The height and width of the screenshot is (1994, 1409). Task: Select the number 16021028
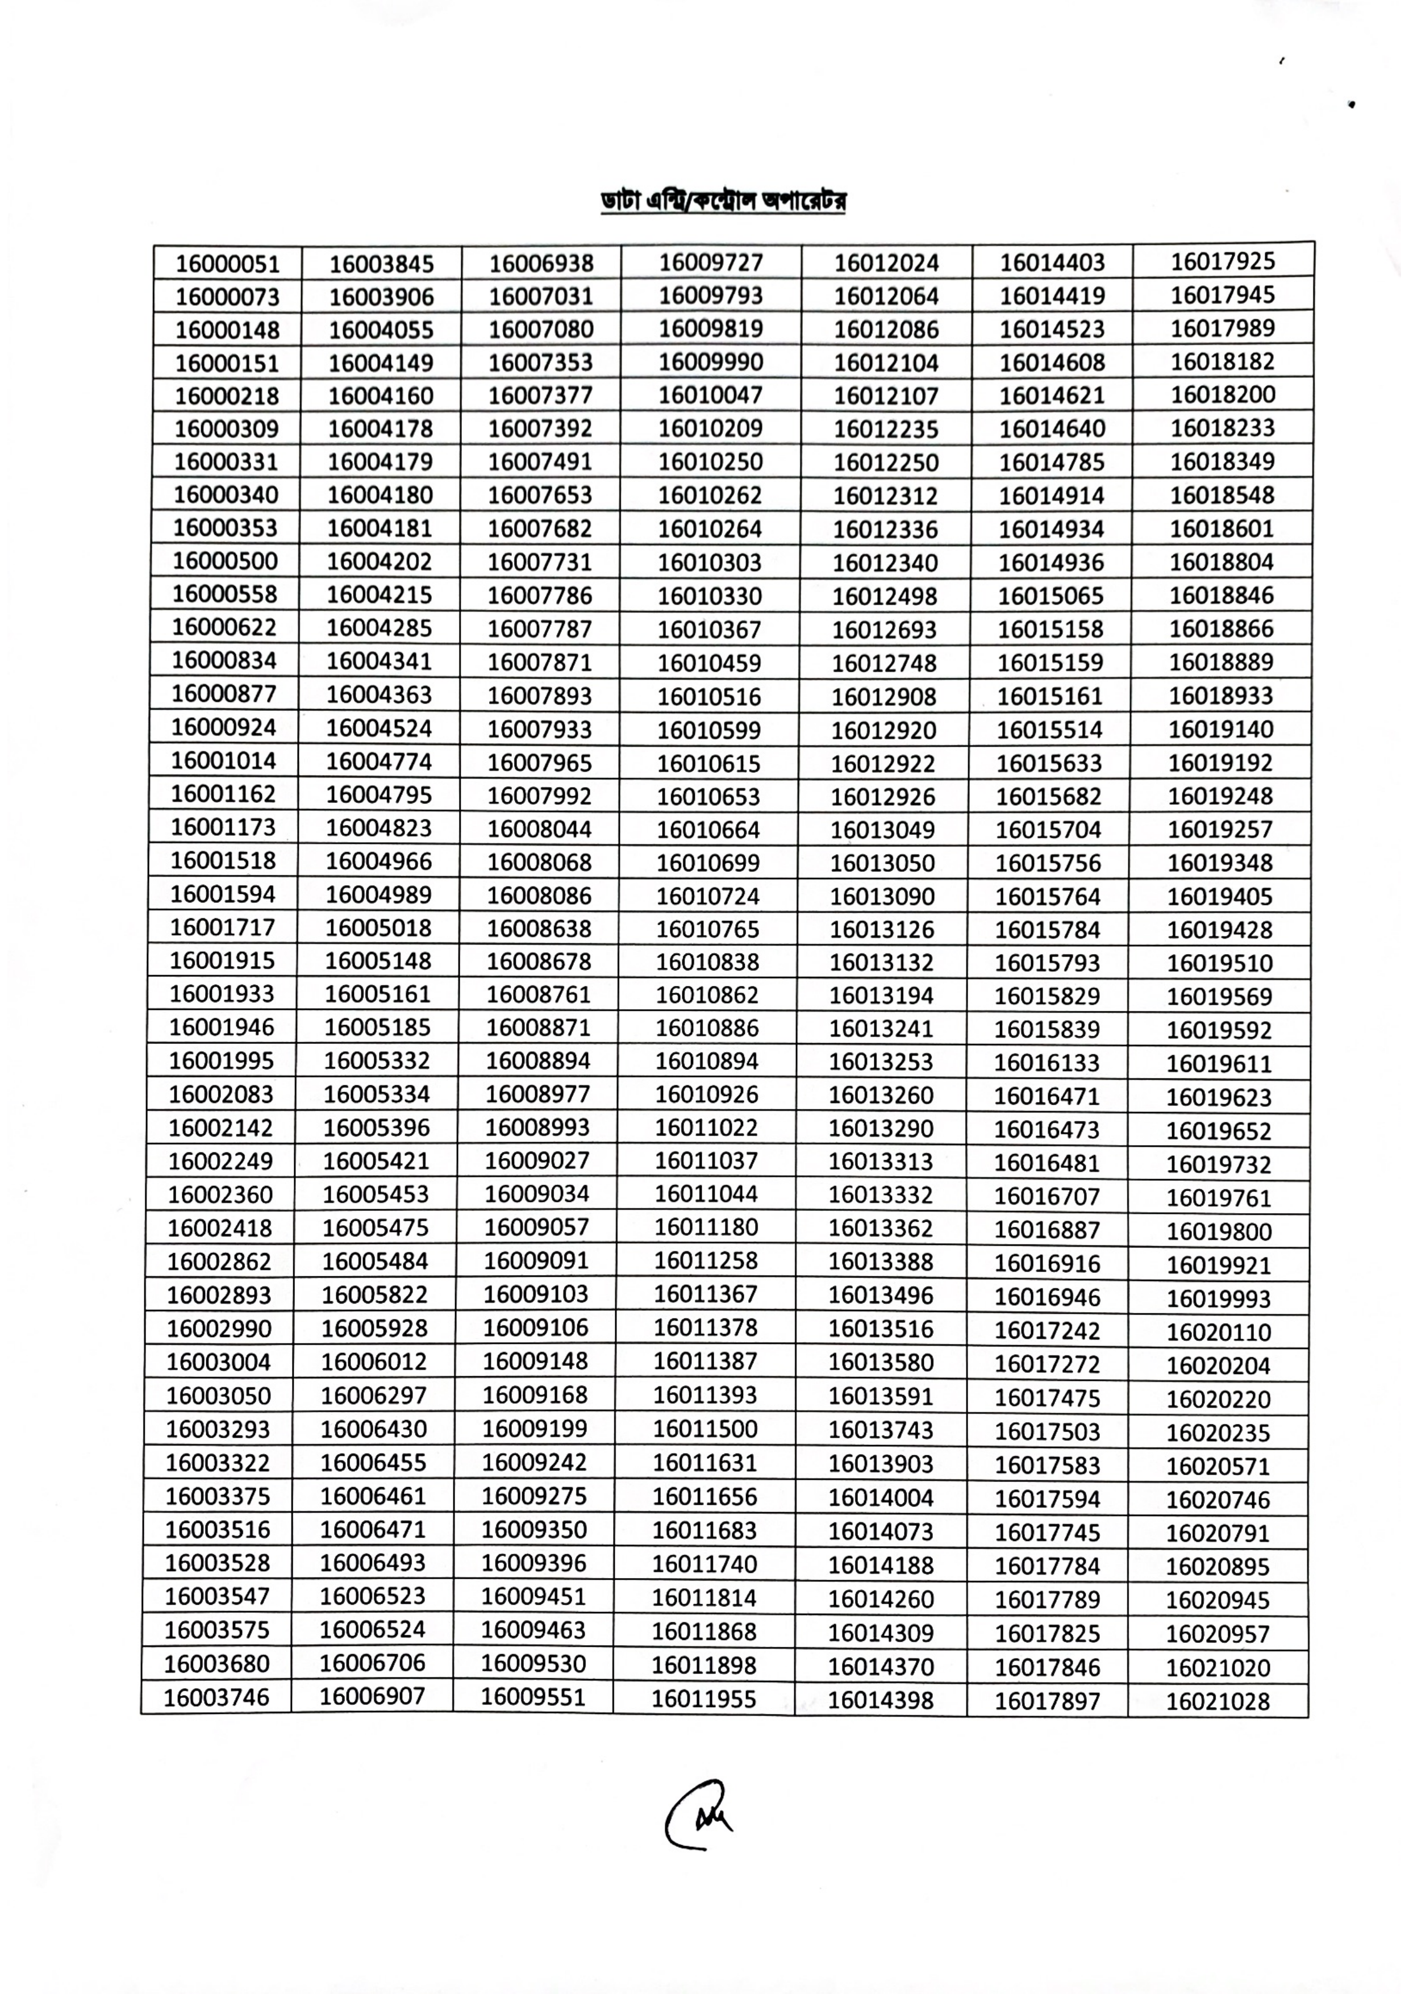click(x=1218, y=1701)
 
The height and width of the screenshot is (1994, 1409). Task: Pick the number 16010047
click(x=710, y=395)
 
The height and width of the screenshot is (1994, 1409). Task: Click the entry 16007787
click(x=540, y=628)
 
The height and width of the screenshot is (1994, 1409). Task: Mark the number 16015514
click(x=1049, y=730)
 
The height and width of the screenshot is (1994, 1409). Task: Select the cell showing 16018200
click(x=1222, y=395)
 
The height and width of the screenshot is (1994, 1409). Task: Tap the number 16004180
click(x=380, y=495)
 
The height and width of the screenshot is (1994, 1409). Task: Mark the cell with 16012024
click(x=886, y=263)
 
